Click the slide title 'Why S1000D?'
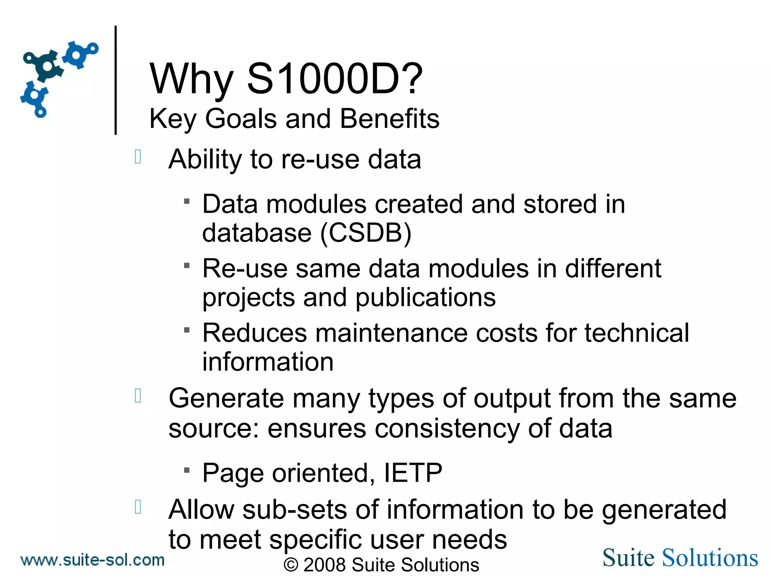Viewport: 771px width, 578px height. click(286, 79)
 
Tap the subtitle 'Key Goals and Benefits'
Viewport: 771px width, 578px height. click(294, 119)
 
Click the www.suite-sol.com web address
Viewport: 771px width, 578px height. click(93, 560)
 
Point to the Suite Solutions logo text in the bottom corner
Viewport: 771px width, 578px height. click(680, 558)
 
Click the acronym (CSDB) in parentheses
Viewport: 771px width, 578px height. click(366, 233)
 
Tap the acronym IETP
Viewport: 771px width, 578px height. click(413, 473)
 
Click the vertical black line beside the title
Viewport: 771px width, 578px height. click(116, 80)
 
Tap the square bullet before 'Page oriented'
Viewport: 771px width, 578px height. click(187, 470)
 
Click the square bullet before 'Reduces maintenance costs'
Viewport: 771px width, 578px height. click(187, 330)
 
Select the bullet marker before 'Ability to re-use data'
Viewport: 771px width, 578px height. click(138, 157)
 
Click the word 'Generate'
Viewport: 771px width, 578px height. click(226, 399)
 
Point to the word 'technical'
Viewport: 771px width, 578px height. click(637, 333)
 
